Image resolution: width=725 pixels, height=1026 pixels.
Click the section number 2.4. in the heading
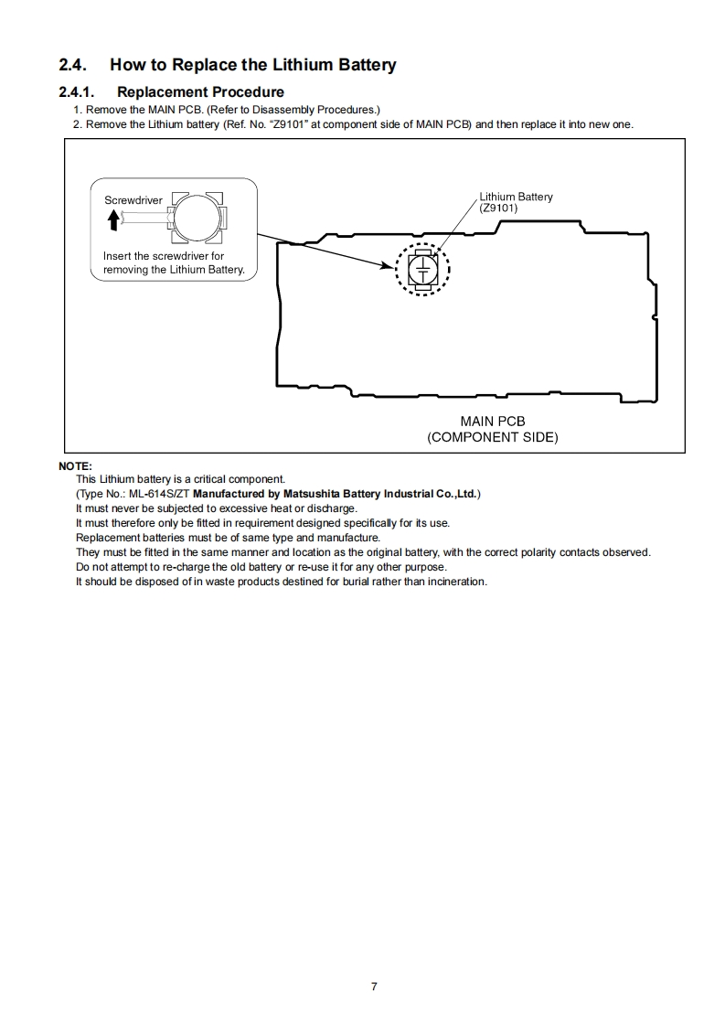(x=72, y=65)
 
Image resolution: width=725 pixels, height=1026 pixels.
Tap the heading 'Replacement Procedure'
(x=200, y=91)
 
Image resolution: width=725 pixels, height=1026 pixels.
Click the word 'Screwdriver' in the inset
(x=133, y=199)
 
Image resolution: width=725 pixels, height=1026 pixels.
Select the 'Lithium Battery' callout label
(x=517, y=197)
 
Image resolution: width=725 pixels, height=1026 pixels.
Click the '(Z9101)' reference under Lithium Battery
(x=499, y=208)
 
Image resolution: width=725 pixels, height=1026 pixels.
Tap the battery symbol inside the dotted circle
(x=422, y=270)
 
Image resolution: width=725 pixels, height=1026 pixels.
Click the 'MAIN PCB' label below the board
(x=493, y=422)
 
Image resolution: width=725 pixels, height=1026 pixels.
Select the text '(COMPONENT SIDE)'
(x=493, y=437)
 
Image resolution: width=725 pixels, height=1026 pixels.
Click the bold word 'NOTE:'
(x=75, y=466)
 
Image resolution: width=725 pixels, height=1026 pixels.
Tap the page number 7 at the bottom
(x=374, y=986)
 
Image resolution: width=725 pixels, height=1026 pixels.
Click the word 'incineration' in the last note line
(x=458, y=582)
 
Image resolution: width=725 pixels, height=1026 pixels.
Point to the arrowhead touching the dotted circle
(x=391, y=266)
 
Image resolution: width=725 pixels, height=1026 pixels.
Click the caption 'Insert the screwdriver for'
(x=164, y=256)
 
